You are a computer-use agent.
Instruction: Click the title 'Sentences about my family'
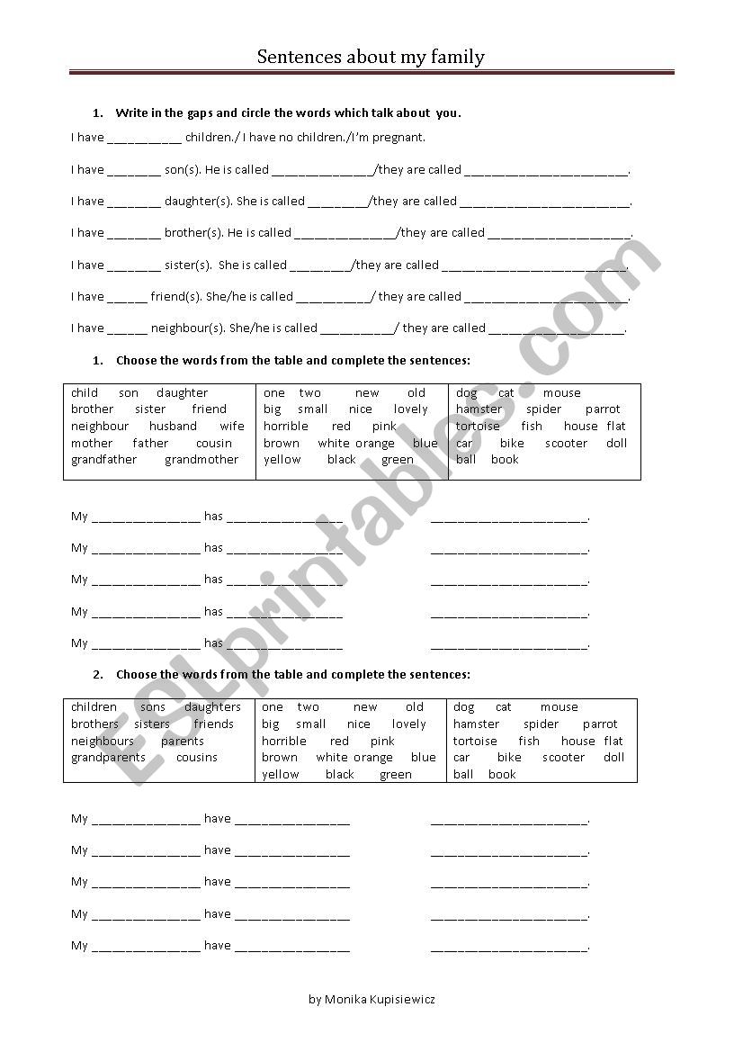point(371,58)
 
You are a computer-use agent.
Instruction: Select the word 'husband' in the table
point(173,427)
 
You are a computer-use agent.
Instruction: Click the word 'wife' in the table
point(232,427)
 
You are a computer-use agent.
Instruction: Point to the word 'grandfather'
point(104,460)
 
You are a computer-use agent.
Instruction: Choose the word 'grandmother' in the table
point(201,460)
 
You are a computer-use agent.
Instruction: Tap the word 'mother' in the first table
point(92,444)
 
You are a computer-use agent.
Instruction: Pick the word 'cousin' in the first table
point(214,444)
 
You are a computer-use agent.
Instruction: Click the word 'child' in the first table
point(85,393)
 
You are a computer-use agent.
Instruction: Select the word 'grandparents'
point(108,758)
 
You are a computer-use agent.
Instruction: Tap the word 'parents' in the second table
point(183,742)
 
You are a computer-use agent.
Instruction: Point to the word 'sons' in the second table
point(153,707)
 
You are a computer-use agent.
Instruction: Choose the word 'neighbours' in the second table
point(103,742)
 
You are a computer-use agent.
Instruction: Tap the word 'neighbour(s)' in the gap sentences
point(188,328)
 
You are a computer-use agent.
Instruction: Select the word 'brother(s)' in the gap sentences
point(193,233)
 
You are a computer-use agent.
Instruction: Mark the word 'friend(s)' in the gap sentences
point(176,297)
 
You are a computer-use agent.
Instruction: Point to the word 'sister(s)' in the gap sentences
point(188,265)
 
